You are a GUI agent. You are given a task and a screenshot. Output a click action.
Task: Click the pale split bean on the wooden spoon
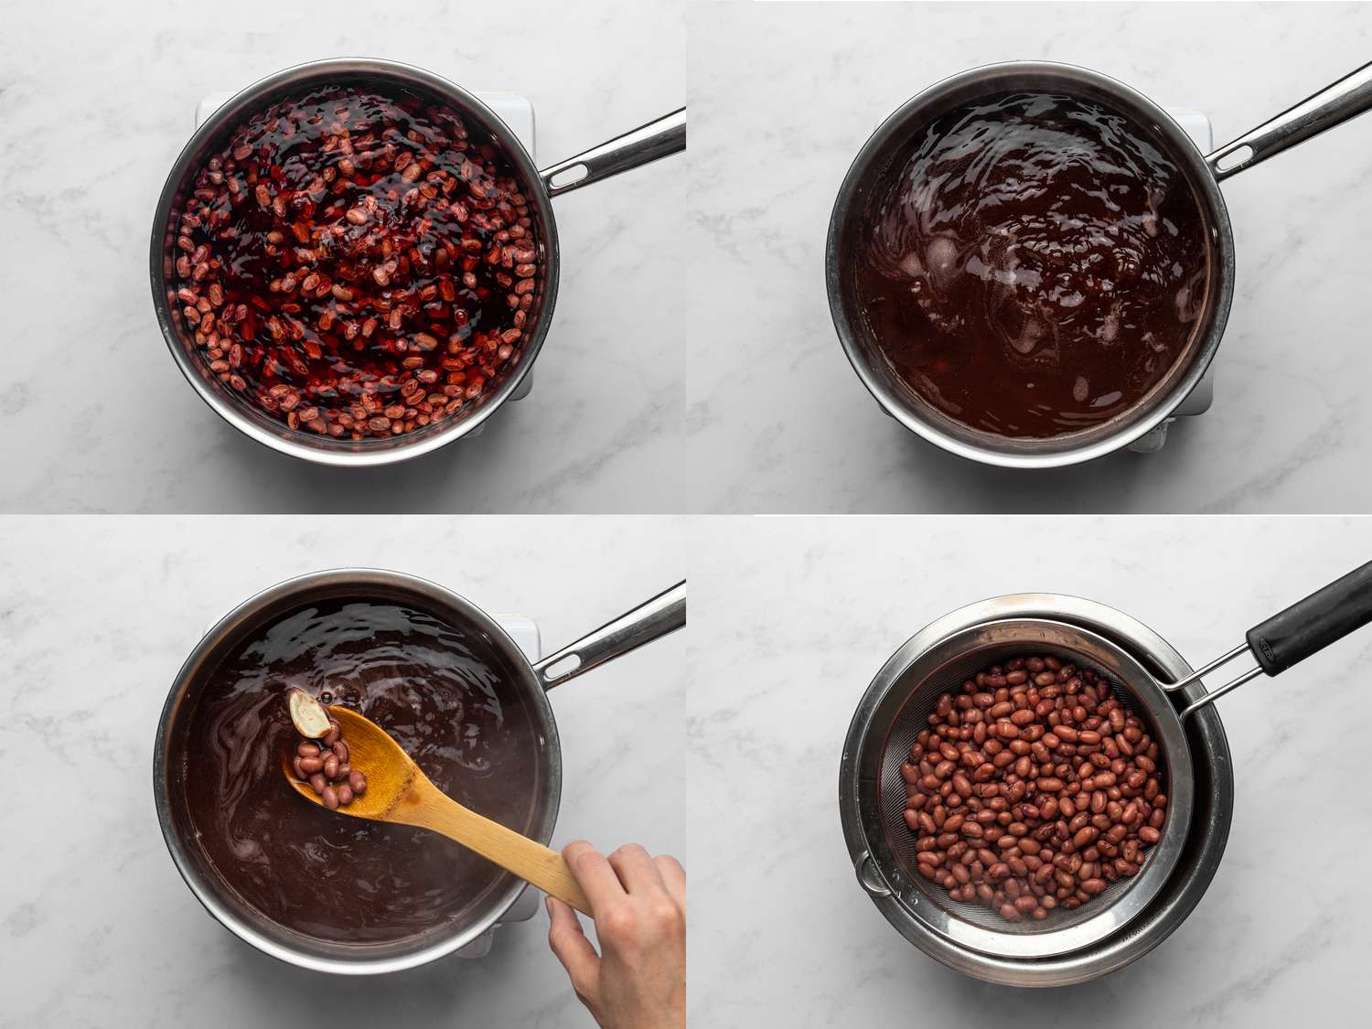(309, 713)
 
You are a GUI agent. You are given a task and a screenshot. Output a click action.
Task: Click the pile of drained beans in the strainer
(1034, 787)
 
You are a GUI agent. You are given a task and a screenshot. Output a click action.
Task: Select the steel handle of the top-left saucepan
(622, 151)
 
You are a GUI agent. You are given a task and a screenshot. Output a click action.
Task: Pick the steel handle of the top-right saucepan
(1299, 114)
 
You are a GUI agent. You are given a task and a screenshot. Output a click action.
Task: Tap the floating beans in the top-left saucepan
(357, 265)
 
